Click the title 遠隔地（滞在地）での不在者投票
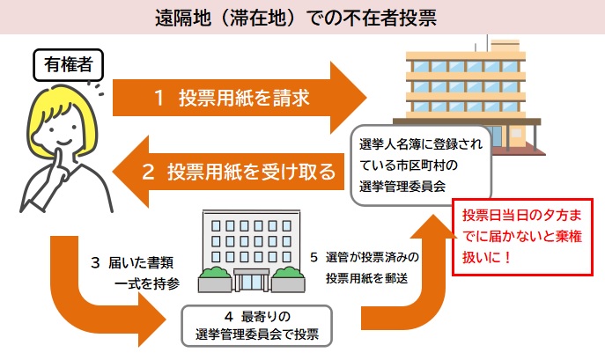click(302, 17)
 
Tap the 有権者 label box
click(67, 63)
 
